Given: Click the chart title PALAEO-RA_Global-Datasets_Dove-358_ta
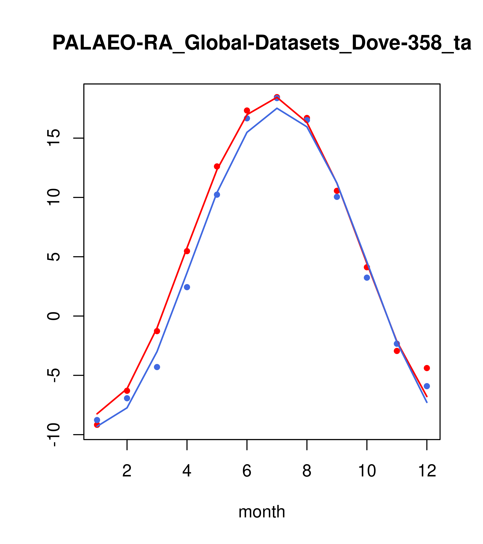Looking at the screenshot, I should coord(262,43).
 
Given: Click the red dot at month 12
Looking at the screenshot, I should coord(427,368).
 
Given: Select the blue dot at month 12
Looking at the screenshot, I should coord(427,386).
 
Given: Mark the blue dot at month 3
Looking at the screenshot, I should coord(157,367).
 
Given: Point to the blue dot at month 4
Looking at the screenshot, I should coord(187,287).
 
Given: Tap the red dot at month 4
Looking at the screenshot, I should coord(187,251).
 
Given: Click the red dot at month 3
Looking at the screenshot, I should coord(157,331).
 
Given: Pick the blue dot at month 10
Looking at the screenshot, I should coord(367,278).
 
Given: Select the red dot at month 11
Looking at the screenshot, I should coord(397,351).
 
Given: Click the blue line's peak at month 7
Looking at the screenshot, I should coord(277,108).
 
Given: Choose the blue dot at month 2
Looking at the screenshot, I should coord(127,398).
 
